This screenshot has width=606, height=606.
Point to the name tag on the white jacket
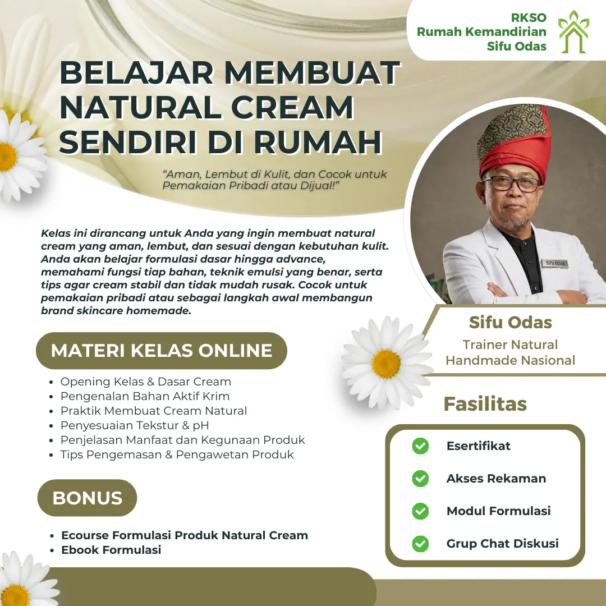click(554, 263)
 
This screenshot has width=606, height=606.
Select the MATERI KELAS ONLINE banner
click(162, 351)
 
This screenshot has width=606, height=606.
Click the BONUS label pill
click(87, 498)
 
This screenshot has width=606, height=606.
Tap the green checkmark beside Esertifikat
click(420, 446)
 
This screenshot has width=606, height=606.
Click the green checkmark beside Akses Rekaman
click(420, 479)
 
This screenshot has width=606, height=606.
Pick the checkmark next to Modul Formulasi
click(420, 511)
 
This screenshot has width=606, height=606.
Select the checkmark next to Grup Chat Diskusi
click(420, 544)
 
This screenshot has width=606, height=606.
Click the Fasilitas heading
click(485, 404)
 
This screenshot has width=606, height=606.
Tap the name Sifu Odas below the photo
click(510, 323)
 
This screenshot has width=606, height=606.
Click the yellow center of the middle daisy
click(386, 364)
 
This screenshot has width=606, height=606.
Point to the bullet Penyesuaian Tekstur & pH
click(135, 425)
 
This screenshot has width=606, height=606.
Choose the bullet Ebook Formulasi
click(111, 550)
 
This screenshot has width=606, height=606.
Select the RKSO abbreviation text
click(529, 17)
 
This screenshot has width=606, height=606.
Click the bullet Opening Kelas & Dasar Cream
click(146, 382)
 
